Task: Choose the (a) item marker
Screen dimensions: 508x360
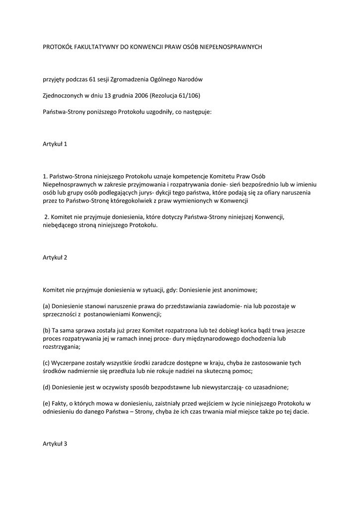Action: pos(47,306)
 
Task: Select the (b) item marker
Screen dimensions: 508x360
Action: pos(47,330)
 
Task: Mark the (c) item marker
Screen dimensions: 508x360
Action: pos(47,363)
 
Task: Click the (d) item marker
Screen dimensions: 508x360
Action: pos(47,387)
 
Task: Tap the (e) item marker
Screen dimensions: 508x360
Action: pos(47,403)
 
